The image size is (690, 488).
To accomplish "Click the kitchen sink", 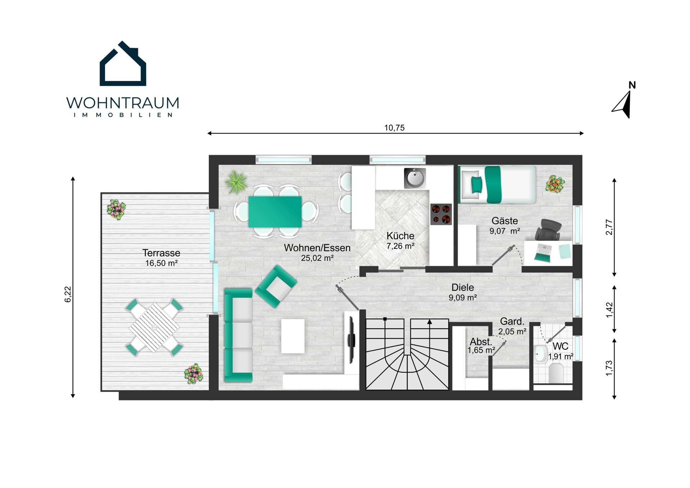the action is point(415,178).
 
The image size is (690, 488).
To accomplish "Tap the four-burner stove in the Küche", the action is point(441,214).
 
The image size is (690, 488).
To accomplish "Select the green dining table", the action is point(275,212).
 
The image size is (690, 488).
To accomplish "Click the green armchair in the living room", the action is point(276,286).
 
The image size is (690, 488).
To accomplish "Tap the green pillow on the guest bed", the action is point(477,185).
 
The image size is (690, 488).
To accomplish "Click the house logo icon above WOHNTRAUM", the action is point(123,64).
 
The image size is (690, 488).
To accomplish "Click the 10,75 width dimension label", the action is point(394,128).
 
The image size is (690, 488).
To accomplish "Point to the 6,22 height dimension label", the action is point(68,294).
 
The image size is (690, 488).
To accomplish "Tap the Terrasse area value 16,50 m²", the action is point(161,263).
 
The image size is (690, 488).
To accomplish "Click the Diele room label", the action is point(463,287).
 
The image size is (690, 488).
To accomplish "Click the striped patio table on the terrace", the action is point(154,327).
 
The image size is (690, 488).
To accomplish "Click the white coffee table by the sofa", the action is point(293,336).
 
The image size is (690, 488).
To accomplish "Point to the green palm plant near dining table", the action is point(236,182).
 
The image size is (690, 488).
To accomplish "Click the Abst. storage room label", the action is point(481,342).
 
